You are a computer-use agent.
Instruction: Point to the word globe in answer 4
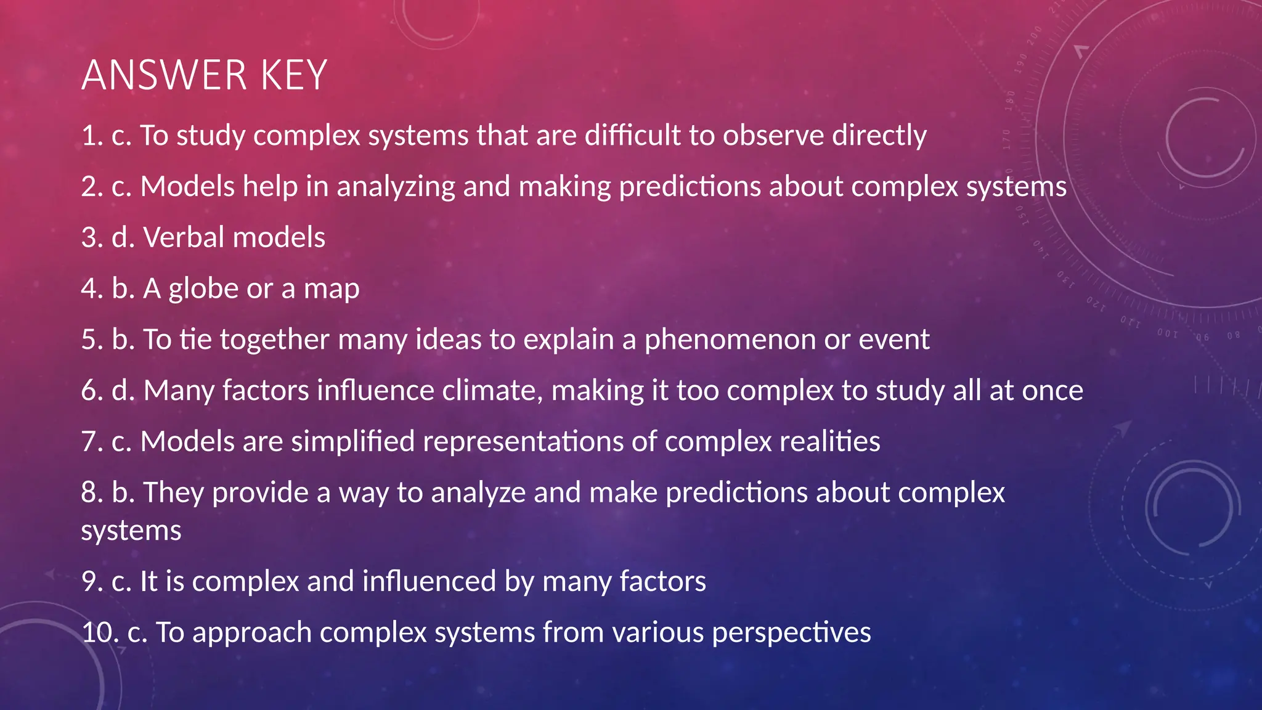point(203,289)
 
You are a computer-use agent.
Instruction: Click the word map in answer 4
point(332,289)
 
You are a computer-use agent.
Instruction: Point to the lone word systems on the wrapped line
point(131,531)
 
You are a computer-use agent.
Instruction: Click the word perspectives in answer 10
point(791,633)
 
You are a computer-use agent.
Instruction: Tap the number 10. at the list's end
point(100,633)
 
